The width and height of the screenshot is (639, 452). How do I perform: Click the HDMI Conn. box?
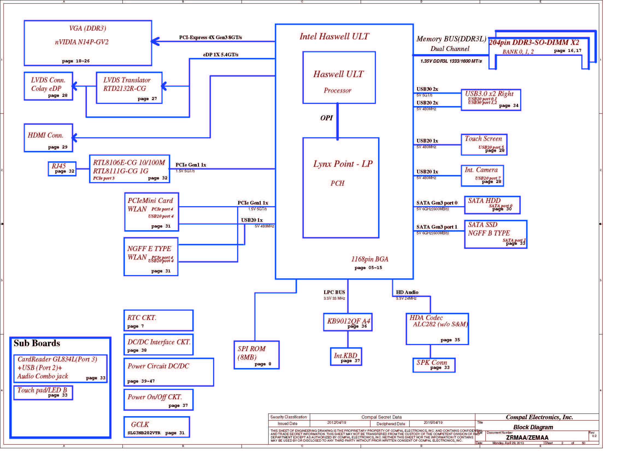coord(48,138)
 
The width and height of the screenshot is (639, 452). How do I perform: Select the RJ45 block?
coord(62,169)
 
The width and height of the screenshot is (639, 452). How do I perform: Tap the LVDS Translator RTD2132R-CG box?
coord(129,88)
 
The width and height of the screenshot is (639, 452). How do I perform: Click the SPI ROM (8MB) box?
coord(256,355)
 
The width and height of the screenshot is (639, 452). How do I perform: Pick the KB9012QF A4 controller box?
coord(348,322)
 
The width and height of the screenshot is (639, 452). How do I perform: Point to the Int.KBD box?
coord(346,357)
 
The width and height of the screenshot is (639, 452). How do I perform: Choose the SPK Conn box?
coord(434,365)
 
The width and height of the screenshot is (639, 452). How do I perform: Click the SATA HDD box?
coord(492,205)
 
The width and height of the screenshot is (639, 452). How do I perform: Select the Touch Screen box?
coord(484,145)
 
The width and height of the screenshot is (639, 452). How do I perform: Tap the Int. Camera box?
coord(482,176)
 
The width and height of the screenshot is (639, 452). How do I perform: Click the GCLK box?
coord(157,427)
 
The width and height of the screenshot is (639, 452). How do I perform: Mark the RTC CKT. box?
coord(158,320)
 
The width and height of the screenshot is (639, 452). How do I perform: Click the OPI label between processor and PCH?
coord(326,118)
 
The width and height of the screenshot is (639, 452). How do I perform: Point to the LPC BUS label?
coord(334,292)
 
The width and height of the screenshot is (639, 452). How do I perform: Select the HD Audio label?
coord(407,292)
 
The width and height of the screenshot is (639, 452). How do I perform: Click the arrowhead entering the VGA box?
coord(155,42)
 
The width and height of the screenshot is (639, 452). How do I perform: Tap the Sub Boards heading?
coord(37,343)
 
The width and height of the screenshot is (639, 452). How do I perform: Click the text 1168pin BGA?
coord(369,259)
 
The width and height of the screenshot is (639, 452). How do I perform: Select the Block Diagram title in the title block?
coord(533,427)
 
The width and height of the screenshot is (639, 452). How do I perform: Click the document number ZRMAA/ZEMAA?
coord(527,437)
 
